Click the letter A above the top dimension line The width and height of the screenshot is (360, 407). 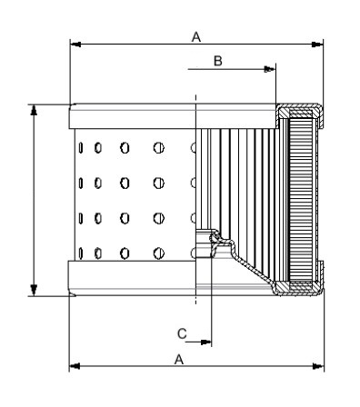point(196,37)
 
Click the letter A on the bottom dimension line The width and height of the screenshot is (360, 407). point(179,360)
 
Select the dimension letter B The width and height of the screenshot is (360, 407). point(218,61)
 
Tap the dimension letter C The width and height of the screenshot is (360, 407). point(182,333)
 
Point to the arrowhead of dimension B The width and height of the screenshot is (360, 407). point(269,69)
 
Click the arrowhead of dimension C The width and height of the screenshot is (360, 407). point(205,342)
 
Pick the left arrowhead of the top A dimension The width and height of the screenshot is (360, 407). point(75,45)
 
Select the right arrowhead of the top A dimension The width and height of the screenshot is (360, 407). point(317,45)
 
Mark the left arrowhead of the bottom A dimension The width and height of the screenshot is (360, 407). point(75,366)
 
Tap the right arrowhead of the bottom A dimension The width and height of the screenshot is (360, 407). point(318,366)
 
